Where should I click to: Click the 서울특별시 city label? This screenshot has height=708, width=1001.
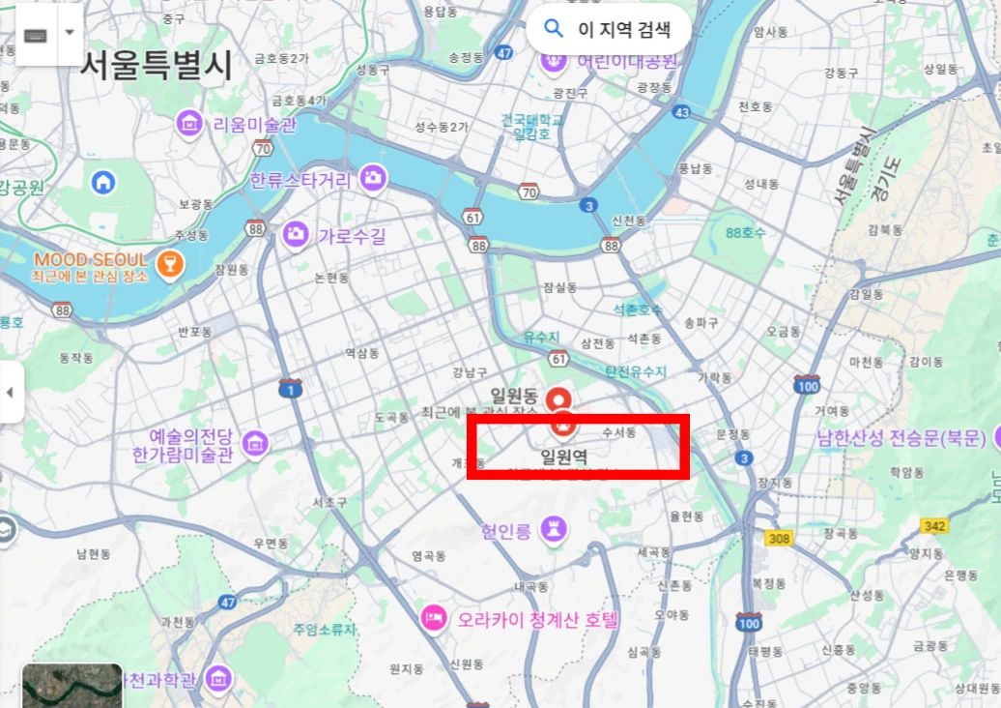coord(156,65)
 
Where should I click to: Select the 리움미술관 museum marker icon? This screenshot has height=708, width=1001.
coord(189,123)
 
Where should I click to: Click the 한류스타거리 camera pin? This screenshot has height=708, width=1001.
coord(373,178)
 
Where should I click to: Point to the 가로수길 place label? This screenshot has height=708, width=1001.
coord(352,235)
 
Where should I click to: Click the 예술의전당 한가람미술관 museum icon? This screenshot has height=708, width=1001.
coord(255,444)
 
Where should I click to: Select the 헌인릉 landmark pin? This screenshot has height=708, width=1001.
coord(553,528)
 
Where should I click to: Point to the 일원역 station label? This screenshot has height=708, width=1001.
coord(563,457)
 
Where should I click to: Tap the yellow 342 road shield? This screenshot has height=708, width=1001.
coord(933,525)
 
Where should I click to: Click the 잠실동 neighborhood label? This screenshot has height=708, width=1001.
coord(559,287)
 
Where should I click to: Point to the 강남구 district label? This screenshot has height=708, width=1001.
coord(470,372)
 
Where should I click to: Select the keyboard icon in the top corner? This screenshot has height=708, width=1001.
coord(35,33)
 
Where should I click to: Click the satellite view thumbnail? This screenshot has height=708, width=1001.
coord(71,686)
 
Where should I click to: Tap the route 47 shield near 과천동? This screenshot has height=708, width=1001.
coord(227,602)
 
